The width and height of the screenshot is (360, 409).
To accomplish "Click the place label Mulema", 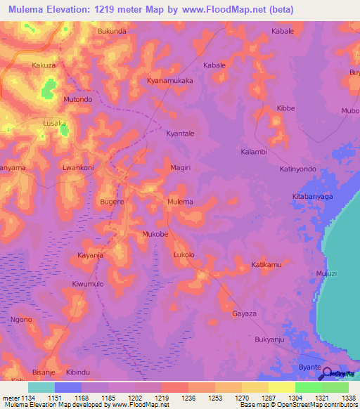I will coord(180,202).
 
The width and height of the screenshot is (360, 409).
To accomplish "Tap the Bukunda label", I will coord(112,32).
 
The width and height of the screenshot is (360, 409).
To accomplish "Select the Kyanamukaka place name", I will coord(169,81).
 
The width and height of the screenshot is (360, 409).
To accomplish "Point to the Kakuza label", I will coord(44,65).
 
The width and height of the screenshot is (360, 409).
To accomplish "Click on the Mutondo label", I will coord(78,100).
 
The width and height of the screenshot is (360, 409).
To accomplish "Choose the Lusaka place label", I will coord(55,123).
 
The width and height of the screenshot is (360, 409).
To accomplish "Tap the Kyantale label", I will coord(179,134).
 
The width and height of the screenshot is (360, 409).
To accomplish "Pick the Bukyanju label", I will coord(269,339).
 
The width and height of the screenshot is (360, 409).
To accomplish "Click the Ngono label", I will coord(21,320).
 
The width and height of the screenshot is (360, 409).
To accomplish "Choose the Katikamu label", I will coord(266,265).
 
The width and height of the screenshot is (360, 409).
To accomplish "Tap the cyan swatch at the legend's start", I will coord(41,387).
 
